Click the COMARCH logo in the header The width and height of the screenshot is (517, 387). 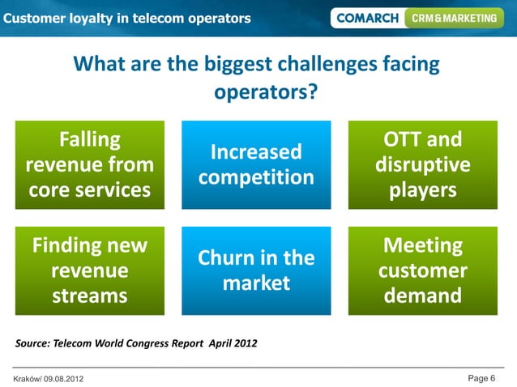point(366,18)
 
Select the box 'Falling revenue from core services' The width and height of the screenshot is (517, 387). point(90,165)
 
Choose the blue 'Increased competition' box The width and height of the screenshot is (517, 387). point(256,165)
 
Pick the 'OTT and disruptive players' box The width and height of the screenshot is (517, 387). point(423,165)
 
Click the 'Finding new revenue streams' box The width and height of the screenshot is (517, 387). point(90,270)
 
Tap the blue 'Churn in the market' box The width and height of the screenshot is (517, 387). point(256,270)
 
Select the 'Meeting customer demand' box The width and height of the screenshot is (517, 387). point(423,270)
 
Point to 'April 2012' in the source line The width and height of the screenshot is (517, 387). point(233,343)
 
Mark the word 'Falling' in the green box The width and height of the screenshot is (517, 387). point(90,140)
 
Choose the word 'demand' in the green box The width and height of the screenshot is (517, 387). point(423,296)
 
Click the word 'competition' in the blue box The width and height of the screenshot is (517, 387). point(256,177)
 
